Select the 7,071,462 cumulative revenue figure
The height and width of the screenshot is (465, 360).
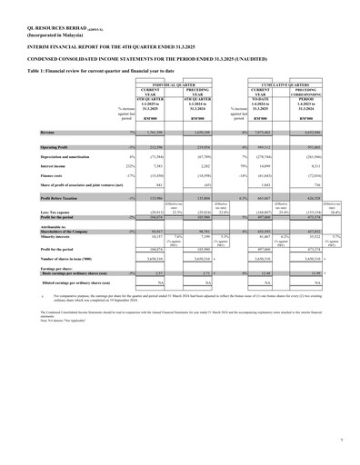263,133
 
